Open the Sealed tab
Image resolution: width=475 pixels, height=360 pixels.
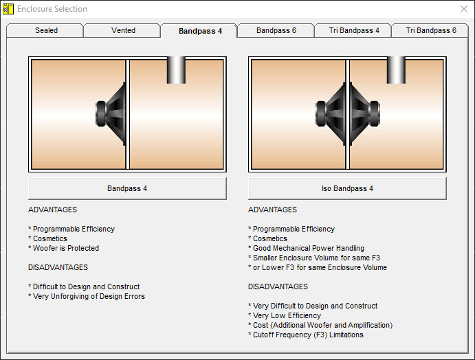(x=46, y=31)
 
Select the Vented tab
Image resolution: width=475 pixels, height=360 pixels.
(x=123, y=31)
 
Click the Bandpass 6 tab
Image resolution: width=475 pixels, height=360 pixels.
(x=276, y=31)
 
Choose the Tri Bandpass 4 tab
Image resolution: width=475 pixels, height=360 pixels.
(x=354, y=31)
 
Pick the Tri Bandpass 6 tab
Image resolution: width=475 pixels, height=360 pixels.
(x=431, y=31)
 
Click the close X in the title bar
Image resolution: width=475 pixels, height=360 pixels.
(x=464, y=9)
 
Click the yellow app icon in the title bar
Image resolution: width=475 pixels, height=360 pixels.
(x=8, y=9)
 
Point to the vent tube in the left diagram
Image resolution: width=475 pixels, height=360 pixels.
(x=176, y=70)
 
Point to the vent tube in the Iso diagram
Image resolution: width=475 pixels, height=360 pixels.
(x=396, y=70)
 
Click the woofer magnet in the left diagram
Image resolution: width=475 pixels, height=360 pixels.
(x=101, y=113)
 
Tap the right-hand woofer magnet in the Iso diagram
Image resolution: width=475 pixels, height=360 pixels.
(x=375, y=113)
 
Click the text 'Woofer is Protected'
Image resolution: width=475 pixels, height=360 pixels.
(x=66, y=248)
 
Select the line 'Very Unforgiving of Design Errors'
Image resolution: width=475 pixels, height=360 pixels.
(x=89, y=296)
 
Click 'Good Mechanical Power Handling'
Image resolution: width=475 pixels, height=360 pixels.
(x=309, y=248)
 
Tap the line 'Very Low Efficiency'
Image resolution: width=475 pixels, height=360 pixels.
(x=287, y=315)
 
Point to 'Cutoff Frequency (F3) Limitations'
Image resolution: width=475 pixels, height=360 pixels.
(x=308, y=335)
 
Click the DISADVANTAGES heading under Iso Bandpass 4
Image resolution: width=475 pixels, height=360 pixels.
(x=278, y=286)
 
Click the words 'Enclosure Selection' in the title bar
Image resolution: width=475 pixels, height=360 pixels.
(x=52, y=9)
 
